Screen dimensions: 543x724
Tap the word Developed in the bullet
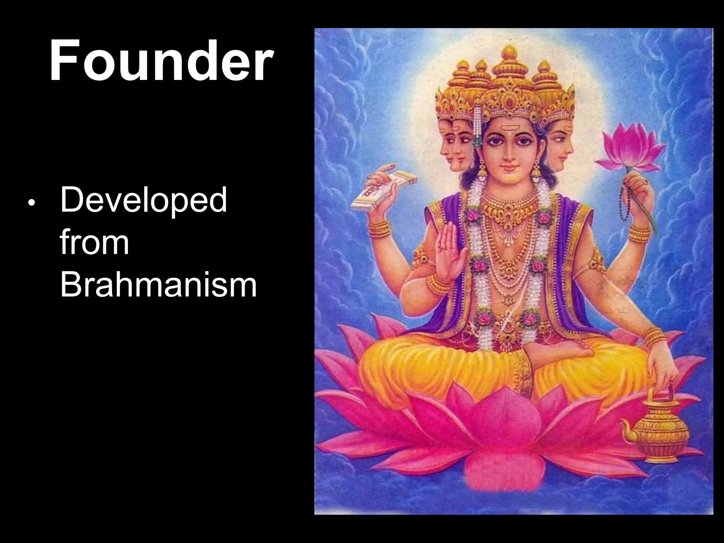144,200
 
